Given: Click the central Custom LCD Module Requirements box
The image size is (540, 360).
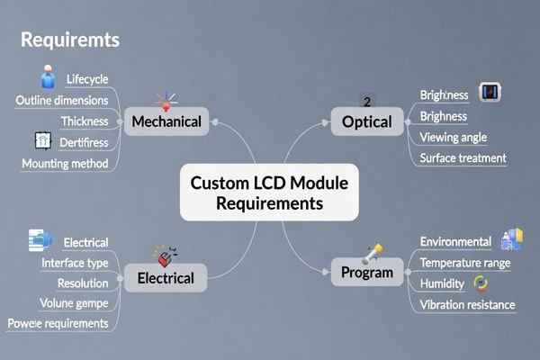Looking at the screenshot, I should [269, 193].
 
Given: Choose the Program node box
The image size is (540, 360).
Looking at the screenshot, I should [367, 272].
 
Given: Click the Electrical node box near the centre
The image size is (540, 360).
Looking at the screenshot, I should [165, 277].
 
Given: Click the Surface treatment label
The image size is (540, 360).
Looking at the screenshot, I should [463, 158].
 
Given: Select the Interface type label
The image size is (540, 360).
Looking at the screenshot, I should [75, 262].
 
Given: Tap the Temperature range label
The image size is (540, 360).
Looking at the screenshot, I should [465, 263].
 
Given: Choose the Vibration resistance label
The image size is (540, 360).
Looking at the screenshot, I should [467, 304].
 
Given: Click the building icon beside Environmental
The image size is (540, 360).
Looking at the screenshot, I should [510, 239].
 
